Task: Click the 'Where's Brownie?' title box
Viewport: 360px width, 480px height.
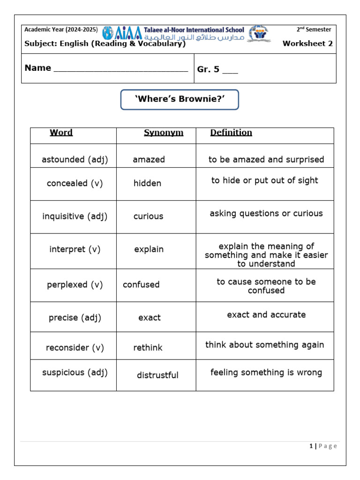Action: (180, 99)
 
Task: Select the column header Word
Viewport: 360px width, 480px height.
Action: (61, 133)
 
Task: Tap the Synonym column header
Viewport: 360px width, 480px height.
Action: (164, 133)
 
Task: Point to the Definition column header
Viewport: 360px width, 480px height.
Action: (231, 133)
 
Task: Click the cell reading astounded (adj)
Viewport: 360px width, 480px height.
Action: (75, 159)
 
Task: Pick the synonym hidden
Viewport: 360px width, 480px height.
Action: (147, 183)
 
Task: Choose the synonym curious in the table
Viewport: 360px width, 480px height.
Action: (148, 216)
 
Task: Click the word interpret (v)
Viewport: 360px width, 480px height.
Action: (75, 249)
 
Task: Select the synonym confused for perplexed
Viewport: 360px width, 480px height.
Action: (141, 285)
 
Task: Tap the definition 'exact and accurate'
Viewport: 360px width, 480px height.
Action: (266, 315)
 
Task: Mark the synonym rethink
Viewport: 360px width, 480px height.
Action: (148, 348)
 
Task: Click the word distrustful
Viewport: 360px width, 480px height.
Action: (157, 375)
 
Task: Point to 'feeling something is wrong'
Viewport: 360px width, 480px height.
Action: (266, 373)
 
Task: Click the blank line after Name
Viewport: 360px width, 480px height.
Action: (121, 69)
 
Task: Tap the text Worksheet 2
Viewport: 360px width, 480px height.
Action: (307, 44)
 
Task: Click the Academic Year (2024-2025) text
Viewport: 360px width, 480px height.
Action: (61, 30)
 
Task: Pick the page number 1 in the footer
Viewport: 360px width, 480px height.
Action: (311, 446)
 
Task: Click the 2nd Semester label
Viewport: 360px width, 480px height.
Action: (314, 30)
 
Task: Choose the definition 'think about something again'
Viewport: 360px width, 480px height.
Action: (265, 345)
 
